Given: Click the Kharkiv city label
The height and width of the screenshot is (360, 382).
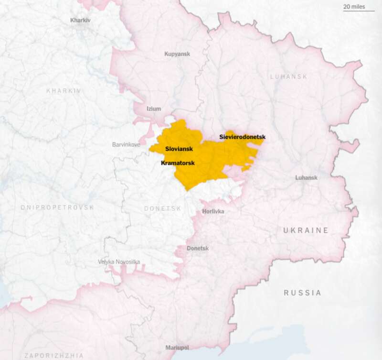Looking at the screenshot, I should (80, 20).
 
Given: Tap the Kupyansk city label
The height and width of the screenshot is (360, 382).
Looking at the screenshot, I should (177, 54).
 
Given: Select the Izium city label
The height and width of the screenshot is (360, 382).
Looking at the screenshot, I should (154, 109).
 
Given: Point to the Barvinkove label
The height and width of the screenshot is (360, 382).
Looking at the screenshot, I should (126, 144).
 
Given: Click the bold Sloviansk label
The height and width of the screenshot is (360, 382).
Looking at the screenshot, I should (179, 149).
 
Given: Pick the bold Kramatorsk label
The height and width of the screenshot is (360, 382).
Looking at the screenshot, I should (178, 163).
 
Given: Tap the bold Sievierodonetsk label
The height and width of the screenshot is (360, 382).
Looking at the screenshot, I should (242, 137).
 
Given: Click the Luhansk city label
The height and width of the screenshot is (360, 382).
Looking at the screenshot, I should (306, 177).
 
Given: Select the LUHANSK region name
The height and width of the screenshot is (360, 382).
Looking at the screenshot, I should (289, 76).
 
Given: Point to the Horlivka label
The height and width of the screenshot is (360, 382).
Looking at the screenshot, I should (213, 211).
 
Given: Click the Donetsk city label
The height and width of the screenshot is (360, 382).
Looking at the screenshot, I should (198, 249).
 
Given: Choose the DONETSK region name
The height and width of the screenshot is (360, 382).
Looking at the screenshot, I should (163, 209).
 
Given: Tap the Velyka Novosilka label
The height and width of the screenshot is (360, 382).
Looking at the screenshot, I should (119, 262).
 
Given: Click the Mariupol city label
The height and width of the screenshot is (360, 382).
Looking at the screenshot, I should (177, 347).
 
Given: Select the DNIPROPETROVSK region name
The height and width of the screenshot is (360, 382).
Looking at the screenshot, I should (57, 207).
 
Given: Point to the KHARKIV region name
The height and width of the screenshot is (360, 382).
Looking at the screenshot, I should (64, 91).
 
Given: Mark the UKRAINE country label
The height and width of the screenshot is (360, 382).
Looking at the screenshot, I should (306, 230).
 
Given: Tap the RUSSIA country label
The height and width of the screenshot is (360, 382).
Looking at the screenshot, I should (303, 293).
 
